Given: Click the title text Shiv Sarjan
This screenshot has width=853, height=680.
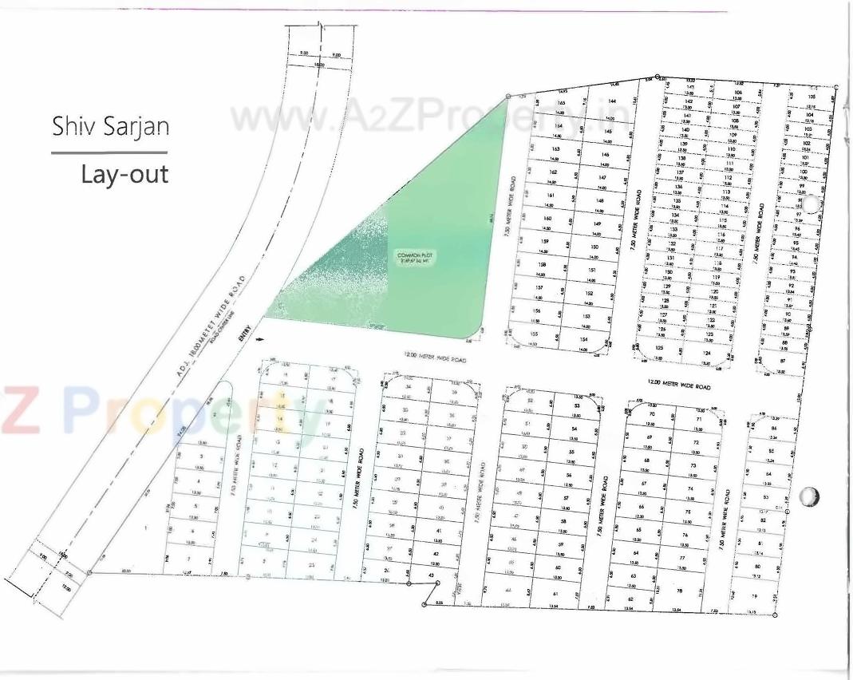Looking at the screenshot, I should (110, 126).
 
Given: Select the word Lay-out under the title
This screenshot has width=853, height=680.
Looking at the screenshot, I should (124, 173).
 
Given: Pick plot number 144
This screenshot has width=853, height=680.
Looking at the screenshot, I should (612, 101).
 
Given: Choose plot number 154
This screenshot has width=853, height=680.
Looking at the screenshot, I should (583, 339).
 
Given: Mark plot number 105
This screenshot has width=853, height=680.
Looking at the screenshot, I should (812, 96).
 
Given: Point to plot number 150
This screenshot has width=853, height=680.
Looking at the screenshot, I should (594, 247).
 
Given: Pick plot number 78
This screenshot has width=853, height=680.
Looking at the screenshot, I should (680, 591).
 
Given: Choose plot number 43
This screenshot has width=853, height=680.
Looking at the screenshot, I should (431, 575).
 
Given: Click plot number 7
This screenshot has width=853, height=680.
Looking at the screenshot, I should (189, 559).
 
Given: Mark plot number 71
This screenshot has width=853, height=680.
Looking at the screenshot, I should (698, 418).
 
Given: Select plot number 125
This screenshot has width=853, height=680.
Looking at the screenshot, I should (659, 348).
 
